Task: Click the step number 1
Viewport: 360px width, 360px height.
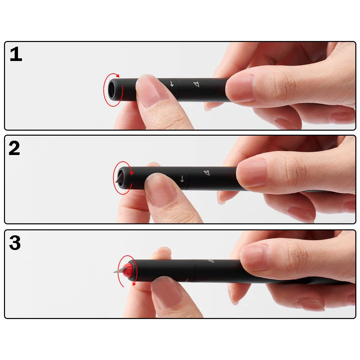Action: tap(16, 54)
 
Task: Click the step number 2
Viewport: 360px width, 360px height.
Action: tap(14, 148)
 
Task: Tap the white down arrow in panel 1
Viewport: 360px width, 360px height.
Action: tap(172, 84)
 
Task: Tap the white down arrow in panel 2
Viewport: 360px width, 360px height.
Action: tap(182, 179)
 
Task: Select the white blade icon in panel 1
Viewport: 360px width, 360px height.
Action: tap(196, 84)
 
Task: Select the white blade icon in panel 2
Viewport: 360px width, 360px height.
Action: tap(207, 173)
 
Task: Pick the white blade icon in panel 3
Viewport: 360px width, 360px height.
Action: tap(211, 261)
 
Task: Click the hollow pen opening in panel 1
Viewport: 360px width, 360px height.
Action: tap(112, 89)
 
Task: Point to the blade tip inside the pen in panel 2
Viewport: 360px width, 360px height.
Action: tap(120, 177)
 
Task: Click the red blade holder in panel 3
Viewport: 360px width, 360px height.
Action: tap(128, 270)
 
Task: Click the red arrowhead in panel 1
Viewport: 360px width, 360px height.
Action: tap(118, 76)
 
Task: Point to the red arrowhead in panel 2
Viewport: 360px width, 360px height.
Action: tap(132, 173)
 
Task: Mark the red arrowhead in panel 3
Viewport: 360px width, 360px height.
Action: tap(134, 284)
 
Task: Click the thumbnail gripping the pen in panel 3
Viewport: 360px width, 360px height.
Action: tap(255, 257)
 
